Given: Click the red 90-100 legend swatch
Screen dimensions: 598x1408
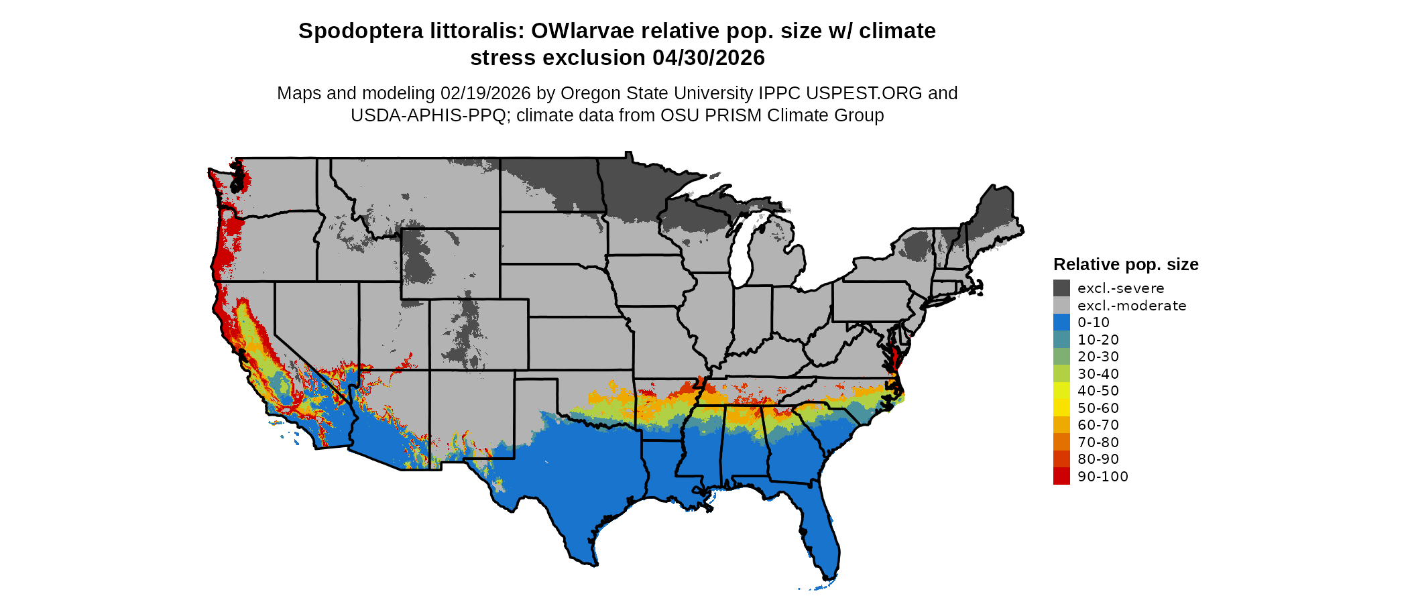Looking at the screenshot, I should point(1061,476).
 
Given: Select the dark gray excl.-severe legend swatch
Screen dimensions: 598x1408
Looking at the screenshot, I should point(1061,288).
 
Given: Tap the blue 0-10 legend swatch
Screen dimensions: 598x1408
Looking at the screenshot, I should point(1061,322).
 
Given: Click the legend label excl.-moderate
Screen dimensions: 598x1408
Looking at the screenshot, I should point(1132,306).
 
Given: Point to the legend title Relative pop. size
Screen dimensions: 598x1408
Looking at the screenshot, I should point(1126,264).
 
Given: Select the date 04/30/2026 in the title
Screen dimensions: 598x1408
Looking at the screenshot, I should point(709,58).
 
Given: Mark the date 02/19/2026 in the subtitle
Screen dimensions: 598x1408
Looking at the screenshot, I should point(485,93).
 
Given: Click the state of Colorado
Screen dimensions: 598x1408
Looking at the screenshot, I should point(479,335).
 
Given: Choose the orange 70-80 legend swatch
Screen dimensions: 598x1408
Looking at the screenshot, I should point(1061,442).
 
